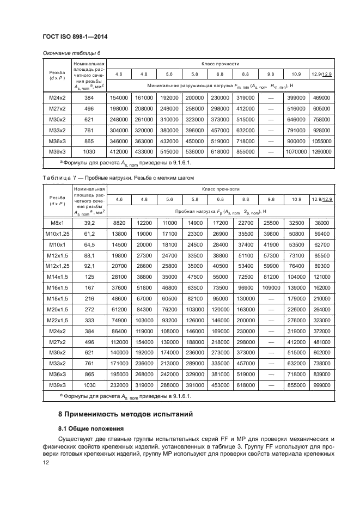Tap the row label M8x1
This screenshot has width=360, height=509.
tap(57, 223)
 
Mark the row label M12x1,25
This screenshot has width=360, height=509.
tap(57, 265)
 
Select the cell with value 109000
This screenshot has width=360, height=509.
tap(270, 286)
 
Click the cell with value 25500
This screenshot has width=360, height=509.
tap(270, 223)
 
